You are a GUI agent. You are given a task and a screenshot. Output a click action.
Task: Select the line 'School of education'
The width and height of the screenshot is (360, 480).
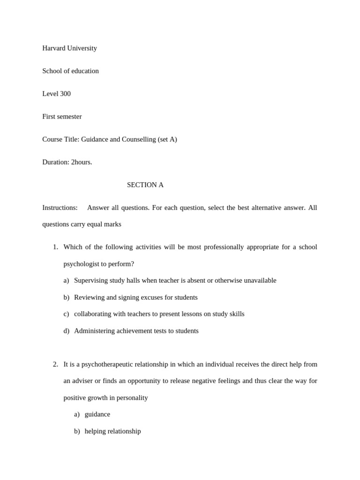tap(70, 71)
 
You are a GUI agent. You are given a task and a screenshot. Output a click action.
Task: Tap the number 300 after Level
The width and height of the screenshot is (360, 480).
tap(65, 94)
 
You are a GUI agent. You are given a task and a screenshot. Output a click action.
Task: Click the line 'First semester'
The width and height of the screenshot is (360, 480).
tap(62, 117)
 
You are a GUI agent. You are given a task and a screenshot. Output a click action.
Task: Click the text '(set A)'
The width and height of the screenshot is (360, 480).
tap(167, 140)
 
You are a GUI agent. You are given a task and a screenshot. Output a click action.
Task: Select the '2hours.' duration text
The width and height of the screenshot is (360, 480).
tap(82, 162)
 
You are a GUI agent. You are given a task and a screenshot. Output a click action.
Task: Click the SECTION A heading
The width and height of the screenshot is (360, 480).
tap(145, 185)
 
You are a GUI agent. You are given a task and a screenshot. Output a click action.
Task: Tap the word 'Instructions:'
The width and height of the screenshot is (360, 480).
tap(60, 208)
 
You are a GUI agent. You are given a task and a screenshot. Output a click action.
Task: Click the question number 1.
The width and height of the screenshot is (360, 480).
tap(55, 247)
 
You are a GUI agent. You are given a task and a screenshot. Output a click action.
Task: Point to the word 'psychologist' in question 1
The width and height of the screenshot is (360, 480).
tap(82, 264)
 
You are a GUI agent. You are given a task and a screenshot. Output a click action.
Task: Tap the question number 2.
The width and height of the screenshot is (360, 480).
tap(55, 364)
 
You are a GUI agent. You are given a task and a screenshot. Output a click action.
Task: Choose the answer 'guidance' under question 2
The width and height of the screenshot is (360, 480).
tap(97, 414)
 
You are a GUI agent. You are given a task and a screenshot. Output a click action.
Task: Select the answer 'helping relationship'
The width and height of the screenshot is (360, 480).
tap(112, 431)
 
